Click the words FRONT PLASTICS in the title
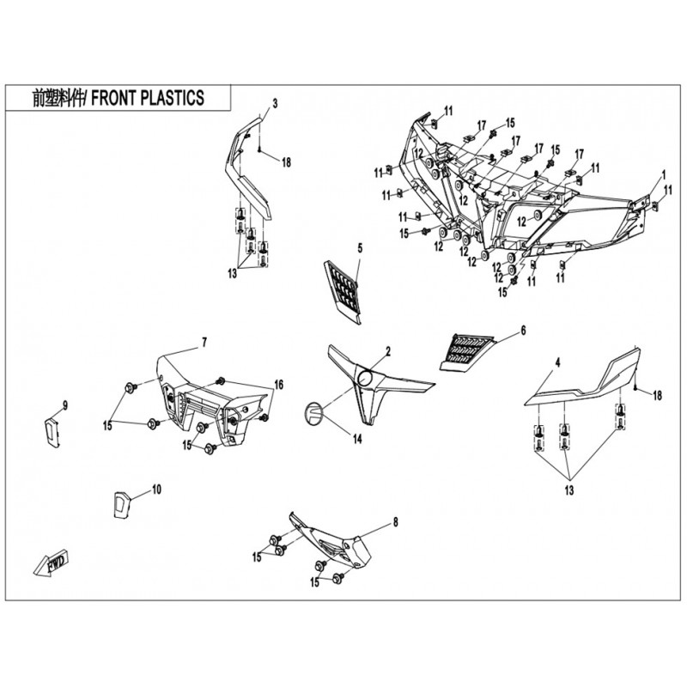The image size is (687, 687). (x=147, y=98)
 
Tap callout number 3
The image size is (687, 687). (x=275, y=103)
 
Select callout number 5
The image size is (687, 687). (x=360, y=248)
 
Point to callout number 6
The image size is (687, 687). (x=523, y=331)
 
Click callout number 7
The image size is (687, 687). (x=204, y=343)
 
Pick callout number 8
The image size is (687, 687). (x=395, y=522)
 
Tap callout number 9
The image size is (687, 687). (x=65, y=405)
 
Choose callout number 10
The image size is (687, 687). (x=156, y=489)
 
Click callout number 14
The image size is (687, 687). (x=357, y=439)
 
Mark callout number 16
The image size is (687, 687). (x=278, y=385)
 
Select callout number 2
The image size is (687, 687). (x=388, y=351)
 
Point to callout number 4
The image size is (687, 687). (x=557, y=362)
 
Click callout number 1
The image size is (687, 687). (x=663, y=175)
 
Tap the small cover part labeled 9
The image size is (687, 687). (x=52, y=433)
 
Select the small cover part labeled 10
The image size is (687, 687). (x=121, y=504)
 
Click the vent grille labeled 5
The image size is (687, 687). (x=343, y=291)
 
